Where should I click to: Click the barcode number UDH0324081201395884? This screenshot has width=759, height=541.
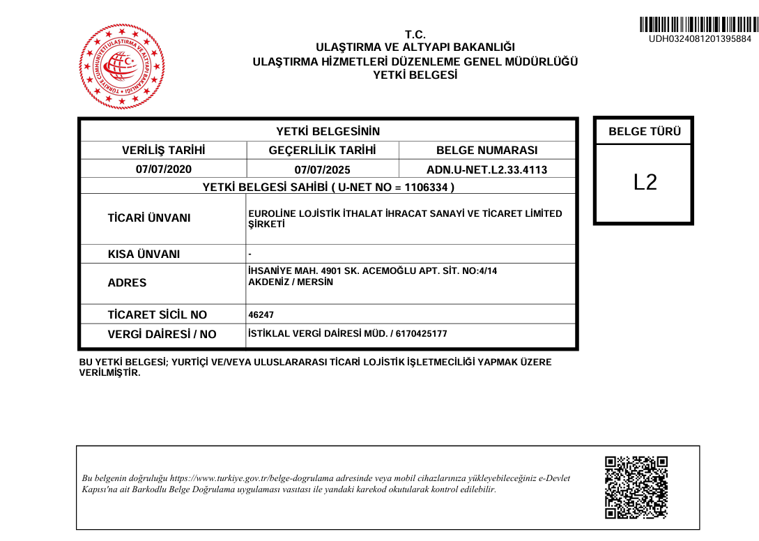click(x=700, y=39)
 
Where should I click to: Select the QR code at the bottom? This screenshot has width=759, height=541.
click(x=636, y=487)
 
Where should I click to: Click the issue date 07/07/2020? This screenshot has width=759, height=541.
click(x=163, y=169)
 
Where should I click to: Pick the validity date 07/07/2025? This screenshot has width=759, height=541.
click(x=322, y=169)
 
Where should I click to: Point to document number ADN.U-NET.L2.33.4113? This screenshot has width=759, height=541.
click(x=486, y=169)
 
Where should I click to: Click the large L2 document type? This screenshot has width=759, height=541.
click(x=645, y=183)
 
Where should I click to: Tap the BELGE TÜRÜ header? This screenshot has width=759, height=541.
click(x=645, y=131)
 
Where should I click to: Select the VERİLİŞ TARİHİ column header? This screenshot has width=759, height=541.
click(x=163, y=150)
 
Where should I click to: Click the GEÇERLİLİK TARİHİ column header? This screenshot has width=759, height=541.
click(x=322, y=150)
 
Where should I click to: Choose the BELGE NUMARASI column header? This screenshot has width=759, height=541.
click(x=486, y=150)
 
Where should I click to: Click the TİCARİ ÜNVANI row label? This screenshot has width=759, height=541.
click(x=148, y=218)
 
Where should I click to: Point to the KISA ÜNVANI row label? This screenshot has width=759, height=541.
click(x=144, y=254)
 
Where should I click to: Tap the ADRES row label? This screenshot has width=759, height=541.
click(x=127, y=283)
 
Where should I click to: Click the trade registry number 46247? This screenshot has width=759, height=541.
click(x=261, y=315)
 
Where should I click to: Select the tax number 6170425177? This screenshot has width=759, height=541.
click(x=421, y=334)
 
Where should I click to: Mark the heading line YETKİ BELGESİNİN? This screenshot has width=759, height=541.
click(x=328, y=131)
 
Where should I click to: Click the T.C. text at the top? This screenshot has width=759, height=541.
click(x=415, y=35)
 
